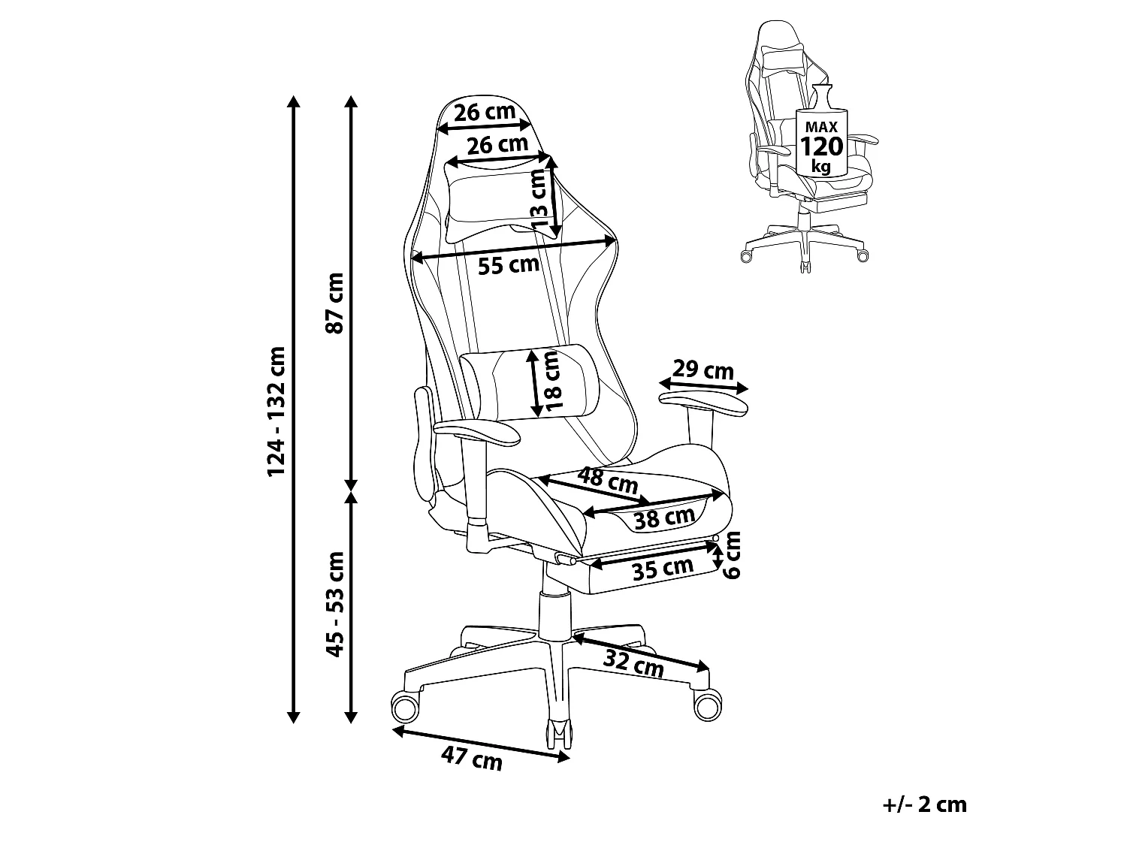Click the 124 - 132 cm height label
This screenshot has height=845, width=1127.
point(276,411)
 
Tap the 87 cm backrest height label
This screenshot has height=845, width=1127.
point(334,303)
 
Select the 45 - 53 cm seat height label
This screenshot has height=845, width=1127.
point(335,605)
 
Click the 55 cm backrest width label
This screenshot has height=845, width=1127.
point(509,265)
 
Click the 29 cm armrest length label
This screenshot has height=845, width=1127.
point(703,370)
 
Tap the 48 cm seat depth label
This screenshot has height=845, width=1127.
point(608,480)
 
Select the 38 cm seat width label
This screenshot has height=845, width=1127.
point(665,518)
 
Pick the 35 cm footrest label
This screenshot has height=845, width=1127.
point(663,569)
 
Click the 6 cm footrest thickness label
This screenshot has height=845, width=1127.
point(732,554)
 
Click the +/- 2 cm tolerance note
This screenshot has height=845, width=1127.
point(925,804)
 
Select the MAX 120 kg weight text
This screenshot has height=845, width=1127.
point(821,146)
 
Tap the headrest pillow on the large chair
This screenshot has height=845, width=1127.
point(503,201)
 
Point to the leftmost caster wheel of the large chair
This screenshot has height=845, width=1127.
point(405,707)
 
